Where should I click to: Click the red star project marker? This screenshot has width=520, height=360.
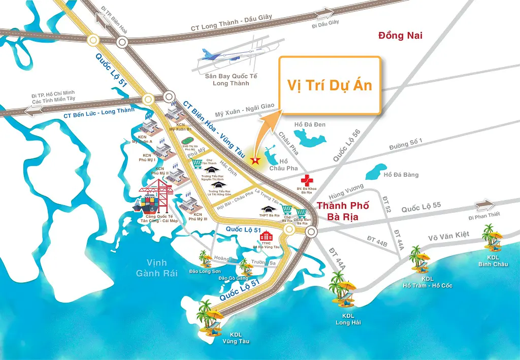pyautogui.click(x=255, y=161)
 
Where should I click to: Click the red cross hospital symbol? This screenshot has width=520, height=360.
pyautogui.click(x=306, y=180)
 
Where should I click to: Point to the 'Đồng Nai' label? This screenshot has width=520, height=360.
pyautogui.click(x=400, y=36)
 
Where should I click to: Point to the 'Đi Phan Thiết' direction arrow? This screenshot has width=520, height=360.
pyautogui.click(x=485, y=205)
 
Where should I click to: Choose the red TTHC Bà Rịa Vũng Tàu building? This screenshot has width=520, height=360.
pyautogui.click(x=267, y=236)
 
